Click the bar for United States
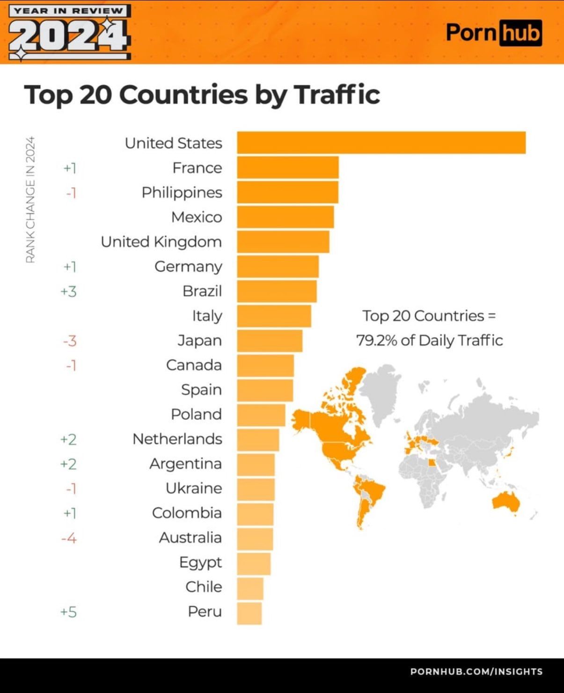pos(381,143)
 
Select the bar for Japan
pos(270,341)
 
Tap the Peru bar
pos(249,613)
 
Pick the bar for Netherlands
pos(258,439)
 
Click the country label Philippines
pos(182,192)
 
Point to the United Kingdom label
pos(161,242)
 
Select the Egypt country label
pos(200,562)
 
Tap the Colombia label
pos(187,513)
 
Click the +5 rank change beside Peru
pos(68,612)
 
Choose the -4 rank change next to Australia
pos(68,538)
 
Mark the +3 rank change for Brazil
pos(68,292)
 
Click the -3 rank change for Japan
pos(69,341)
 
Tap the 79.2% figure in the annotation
pos(376,340)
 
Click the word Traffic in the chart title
pos(337,95)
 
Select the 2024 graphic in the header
pos(68,36)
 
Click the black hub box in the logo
pos(520,33)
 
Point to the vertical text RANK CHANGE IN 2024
pos(30,200)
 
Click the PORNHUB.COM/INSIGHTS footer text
pos(476,671)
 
